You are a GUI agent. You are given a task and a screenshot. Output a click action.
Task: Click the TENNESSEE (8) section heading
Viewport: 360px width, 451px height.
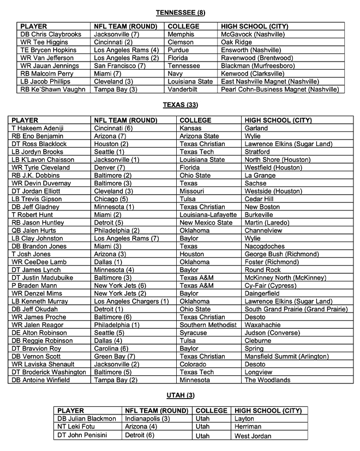180,12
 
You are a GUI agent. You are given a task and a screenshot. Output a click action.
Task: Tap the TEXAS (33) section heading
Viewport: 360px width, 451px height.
180,104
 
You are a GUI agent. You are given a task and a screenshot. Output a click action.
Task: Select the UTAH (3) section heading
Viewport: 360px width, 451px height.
180,395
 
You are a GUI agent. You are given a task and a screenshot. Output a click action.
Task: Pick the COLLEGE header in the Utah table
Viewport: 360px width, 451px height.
211,410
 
